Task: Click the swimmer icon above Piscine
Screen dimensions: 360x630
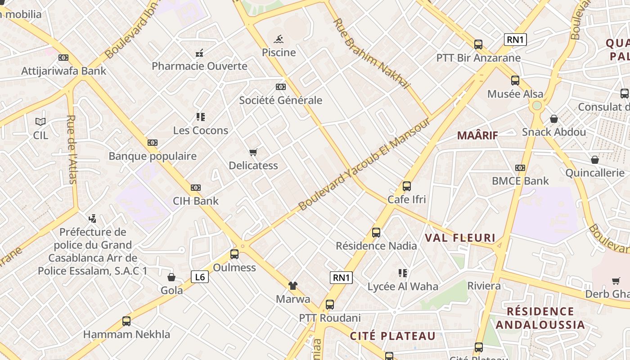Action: (x=279, y=39)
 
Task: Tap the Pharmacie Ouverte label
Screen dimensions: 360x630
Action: (x=199, y=66)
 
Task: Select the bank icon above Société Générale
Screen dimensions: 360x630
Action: (x=281, y=86)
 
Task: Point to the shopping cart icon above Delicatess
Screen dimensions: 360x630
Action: (x=253, y=153)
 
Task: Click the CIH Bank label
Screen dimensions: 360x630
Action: (x=196, y=201)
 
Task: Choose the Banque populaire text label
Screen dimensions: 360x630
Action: (x=153, y=156)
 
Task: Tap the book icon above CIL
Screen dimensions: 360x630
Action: (x=40, y=121)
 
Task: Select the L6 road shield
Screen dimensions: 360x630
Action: (x=200, y=277)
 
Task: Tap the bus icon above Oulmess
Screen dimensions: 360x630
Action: (x=234, y=254)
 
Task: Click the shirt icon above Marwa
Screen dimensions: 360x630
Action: (x=293, y=286)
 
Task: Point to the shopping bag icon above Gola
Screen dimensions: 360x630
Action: (x=171, y=277)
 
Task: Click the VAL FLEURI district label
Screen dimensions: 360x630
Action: (x=460, y=238)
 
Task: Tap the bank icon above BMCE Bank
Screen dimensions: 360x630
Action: (x=520, y=168)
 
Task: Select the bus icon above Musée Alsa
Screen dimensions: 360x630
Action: (x=515, y=81)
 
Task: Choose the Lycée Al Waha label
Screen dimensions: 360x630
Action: (x=403, y=287)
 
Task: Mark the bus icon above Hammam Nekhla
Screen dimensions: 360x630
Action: (x=126, y=321)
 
